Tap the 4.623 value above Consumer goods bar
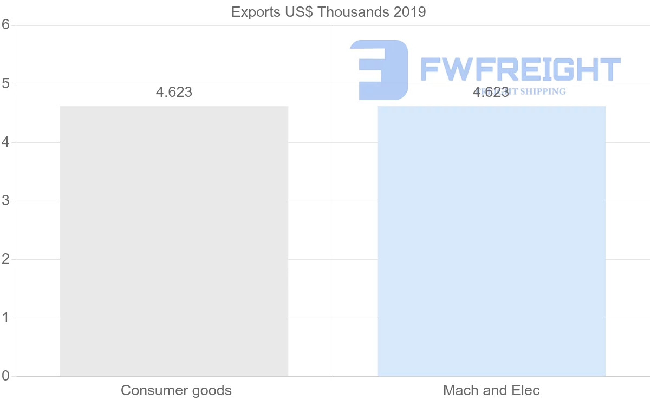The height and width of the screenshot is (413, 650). click(x=174, y=92)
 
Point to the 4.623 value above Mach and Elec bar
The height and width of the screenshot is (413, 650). click(x=491, y=92)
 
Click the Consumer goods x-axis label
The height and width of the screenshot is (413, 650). click(x=176, y=390)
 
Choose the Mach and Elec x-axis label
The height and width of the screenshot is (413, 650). click(x=491, y=390)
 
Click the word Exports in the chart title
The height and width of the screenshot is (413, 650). click(x=253, y=12)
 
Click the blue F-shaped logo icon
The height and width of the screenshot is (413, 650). click(x=379, y=69)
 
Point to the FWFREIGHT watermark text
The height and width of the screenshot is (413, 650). click(x=520, y=69)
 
